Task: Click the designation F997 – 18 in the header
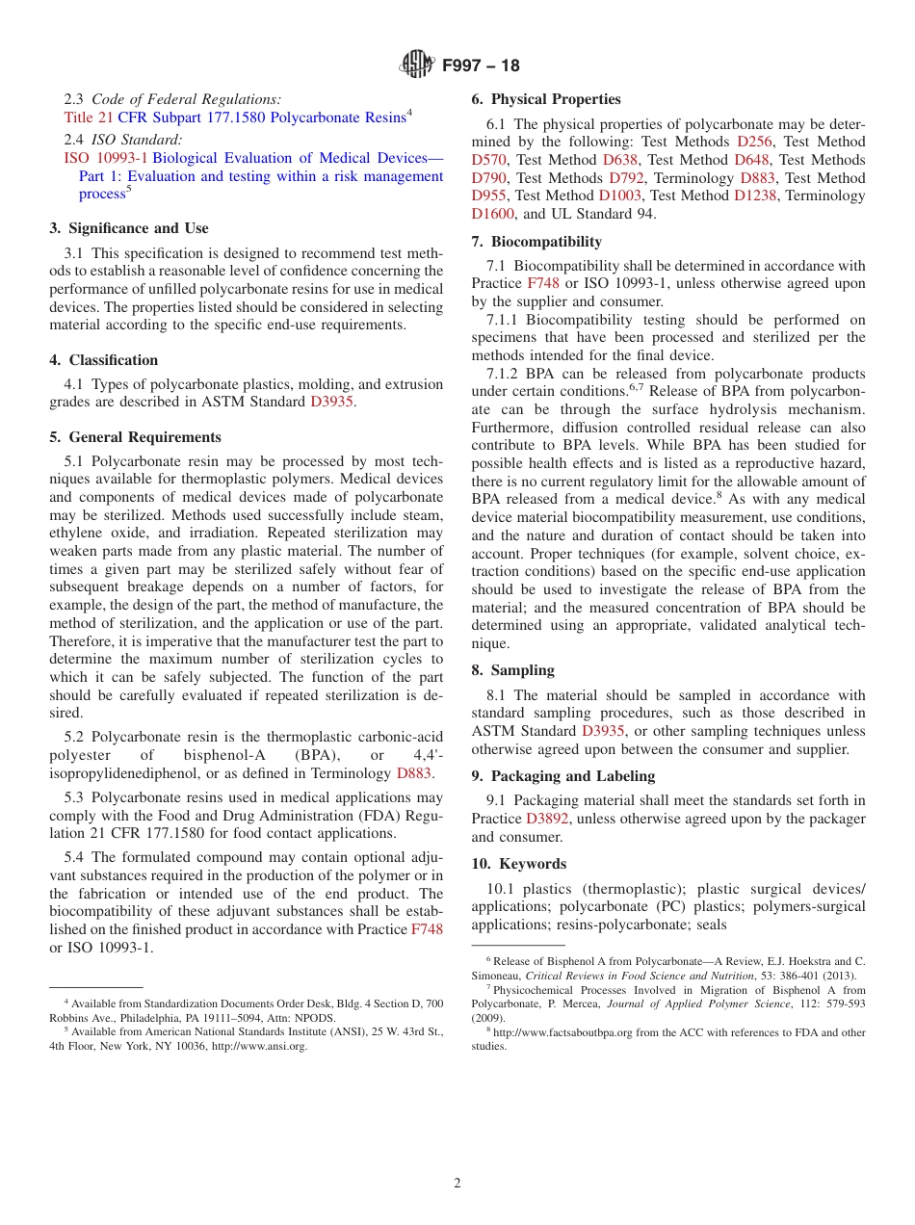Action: coord(481,65)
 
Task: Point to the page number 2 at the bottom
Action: coord(457,1184)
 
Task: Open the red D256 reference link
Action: coord(754,142)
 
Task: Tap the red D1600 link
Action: coord(493,214)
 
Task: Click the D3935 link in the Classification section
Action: coord(331,402)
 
